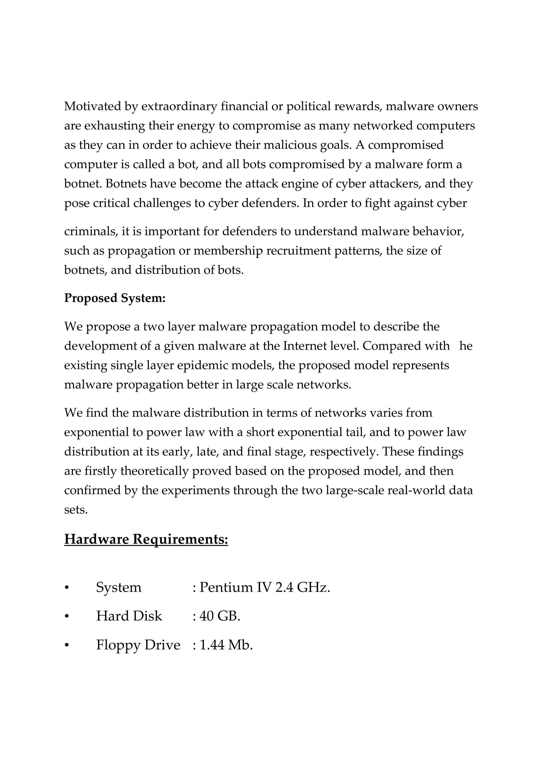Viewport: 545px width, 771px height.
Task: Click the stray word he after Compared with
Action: pyautogui.click(x=465, y=346)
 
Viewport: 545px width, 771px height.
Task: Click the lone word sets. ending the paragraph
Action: pyautogui.click(x=76, y=510)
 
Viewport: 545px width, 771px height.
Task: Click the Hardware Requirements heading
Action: pyautogui.click(x=146, y=539)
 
